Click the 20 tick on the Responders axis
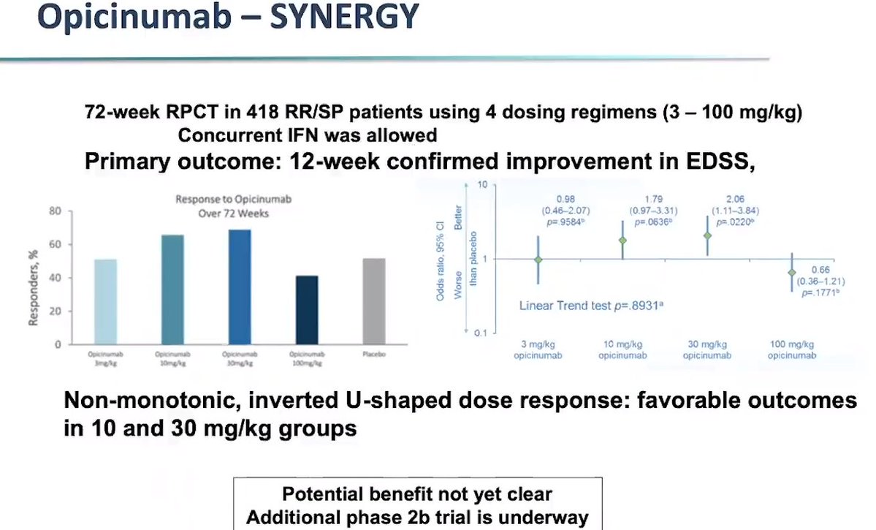tap(53, 311)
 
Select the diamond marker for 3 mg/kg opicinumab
tap(538, 260)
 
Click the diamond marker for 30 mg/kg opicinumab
tap(706, 235)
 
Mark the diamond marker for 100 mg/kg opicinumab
tap(792, 273)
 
